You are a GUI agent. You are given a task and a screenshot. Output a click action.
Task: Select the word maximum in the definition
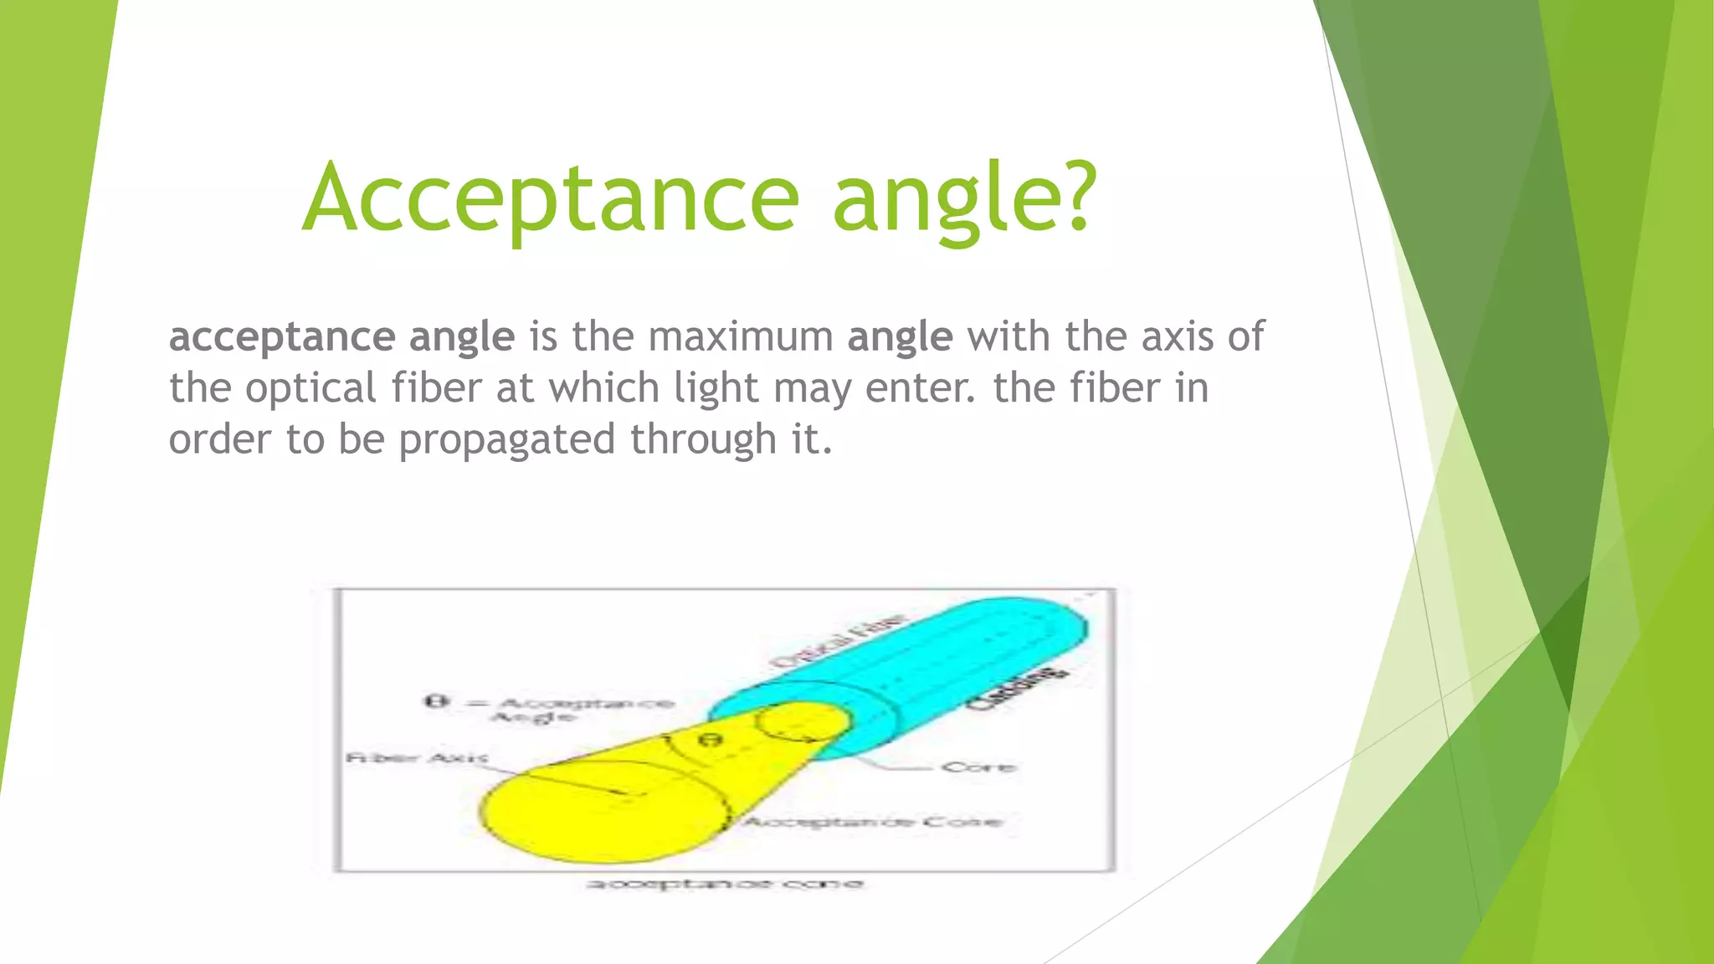pyautogui.click(x=740, y=336)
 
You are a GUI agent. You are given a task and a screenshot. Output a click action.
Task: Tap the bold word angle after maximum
pyautogui.click(x=900, y=338)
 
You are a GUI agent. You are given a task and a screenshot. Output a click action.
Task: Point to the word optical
pyautogui.click(x=310, y=389)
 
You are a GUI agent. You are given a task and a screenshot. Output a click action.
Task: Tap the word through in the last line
pyautogui.click(x=703, y=441)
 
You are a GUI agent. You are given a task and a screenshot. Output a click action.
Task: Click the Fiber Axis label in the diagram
pyautogui.click(x=416, y=758)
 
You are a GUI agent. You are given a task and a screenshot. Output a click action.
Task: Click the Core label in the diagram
pyautogui.click(x=978, y=767)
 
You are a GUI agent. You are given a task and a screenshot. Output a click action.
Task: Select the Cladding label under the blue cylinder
pyautogui.click(x=1017, y=688)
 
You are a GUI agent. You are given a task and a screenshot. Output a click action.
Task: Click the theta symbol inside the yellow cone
pyautogui.click(x=710, y=741)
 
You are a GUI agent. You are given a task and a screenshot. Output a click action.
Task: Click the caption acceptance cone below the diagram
pyautogui.click(x=724, y=884)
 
